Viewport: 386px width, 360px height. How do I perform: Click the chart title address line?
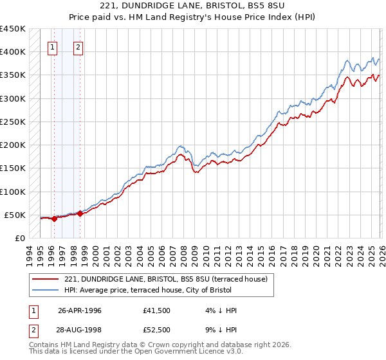pos(192,6)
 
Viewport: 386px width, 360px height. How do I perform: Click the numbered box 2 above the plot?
pos(78,46)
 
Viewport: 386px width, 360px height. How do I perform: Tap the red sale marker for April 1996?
pos(54,219)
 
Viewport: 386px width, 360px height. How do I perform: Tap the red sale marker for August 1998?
pos(80,213)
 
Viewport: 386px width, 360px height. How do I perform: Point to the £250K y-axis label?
pos(13,122)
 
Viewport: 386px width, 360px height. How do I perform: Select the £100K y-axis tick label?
pos(13,192)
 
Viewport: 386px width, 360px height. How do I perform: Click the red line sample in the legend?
pos(46,279)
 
